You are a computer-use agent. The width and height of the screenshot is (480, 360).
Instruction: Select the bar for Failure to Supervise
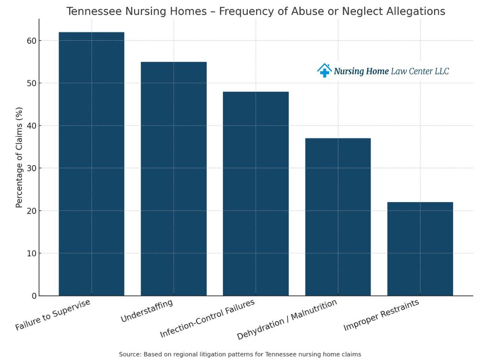click(x=91, y=164)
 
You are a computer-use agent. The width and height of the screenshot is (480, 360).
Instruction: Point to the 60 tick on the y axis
click(x=31, y=41)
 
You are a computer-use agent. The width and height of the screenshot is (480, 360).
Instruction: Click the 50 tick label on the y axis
click(x=31, y=84)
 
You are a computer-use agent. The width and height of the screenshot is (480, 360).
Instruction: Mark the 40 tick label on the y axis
click(x=31, y=126)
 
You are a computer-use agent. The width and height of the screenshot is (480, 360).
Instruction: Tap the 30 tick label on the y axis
click(x=31, y=168)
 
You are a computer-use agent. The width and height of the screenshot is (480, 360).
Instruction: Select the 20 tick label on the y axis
click(x=31, y=211)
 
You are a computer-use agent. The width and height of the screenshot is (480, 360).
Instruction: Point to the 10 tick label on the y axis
click(x=31, y=253)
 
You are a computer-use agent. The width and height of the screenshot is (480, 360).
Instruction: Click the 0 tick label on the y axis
click(x=34, y=296)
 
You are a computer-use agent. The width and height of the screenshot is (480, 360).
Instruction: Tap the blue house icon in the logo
click(x=324, y=71)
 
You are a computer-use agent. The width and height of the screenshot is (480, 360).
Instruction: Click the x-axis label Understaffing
click(x=146, y=311)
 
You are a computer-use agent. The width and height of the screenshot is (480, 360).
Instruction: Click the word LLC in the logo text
click(x=440, y=71)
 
